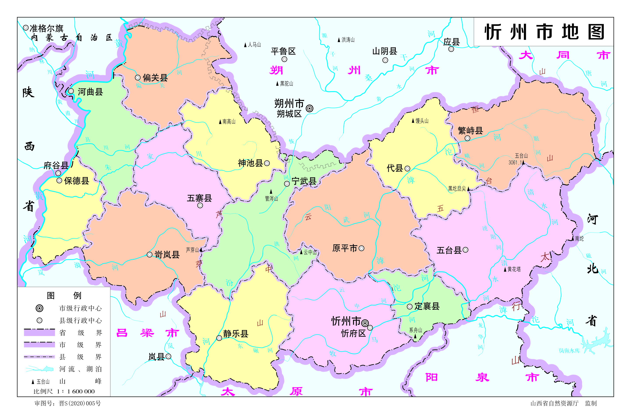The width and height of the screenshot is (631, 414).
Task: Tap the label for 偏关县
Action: coord(155,78)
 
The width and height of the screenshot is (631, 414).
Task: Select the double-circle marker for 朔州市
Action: coord(309,108)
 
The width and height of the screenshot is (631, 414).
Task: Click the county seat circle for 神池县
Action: coord(267,163)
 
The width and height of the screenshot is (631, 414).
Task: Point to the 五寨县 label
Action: coord(199,198)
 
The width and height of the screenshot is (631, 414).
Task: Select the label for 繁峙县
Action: coord(470,130)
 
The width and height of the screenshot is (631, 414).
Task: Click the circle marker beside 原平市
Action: coord(361,248)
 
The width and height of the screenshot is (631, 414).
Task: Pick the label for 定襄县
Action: coord(427,306)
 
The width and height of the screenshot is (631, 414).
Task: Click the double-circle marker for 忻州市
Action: coord(365,323)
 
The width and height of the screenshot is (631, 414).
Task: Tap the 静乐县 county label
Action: coord(235,334)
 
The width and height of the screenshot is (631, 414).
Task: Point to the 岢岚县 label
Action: coord(167,255)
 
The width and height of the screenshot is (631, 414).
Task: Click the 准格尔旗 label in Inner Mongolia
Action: coord(46,28)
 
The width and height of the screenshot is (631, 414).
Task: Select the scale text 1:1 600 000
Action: coord(76,391)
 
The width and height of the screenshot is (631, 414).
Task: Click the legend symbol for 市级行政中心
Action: coord(39,308)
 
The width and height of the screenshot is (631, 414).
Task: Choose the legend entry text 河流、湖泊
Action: coord(80,369)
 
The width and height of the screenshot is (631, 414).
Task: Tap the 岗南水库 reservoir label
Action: coord(569,351)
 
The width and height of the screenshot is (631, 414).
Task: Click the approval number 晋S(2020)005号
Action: coord(80,403)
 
